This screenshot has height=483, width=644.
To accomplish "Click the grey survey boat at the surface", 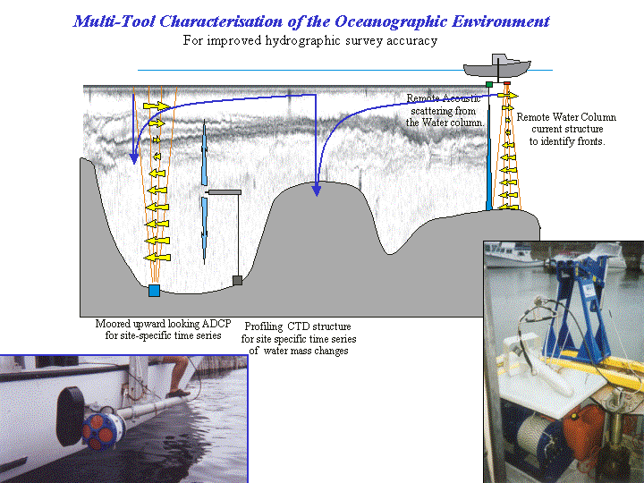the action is coord(497,66).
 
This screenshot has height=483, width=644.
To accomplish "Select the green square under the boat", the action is coord(489,84).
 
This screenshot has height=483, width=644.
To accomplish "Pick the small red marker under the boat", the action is coord(507,83).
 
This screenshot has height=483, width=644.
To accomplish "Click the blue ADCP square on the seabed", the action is coord(154,291).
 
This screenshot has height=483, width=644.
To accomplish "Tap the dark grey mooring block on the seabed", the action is coord(237,281).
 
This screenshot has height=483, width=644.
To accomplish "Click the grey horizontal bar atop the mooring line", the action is coord(225,192).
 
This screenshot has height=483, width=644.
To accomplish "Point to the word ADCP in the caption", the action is coord(216,324).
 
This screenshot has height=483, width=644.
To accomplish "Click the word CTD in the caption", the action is coord(298,326).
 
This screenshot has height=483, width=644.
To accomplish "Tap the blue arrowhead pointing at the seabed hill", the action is coord(316,190).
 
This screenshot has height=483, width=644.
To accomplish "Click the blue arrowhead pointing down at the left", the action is coord(133,158).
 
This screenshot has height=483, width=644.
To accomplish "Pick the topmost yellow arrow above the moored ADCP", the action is coord(156,106).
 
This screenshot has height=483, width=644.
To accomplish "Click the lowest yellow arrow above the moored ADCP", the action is coord(157,258).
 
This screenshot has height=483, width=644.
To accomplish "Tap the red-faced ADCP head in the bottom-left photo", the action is coord(103,430).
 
